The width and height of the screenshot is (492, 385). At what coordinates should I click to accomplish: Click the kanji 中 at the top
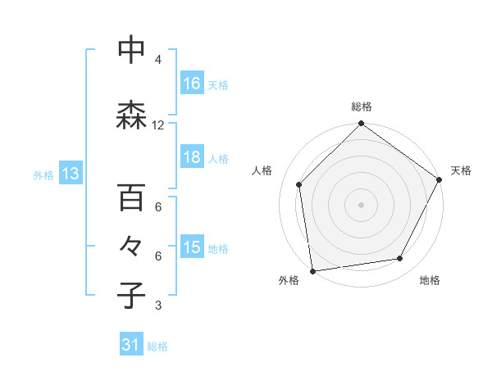[x=132, y=52]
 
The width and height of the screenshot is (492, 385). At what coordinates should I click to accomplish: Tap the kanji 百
[x=132, y=197]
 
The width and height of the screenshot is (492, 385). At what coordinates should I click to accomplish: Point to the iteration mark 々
[x=132, y=247]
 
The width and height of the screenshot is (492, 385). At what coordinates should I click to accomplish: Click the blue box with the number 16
[x=192, y=84]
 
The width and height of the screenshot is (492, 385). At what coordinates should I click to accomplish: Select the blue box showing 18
[x=192, y=158]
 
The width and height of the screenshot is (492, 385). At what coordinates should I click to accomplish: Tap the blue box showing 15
[x=192, y=248]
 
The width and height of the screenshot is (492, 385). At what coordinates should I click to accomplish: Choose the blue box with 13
[x=70, y=174]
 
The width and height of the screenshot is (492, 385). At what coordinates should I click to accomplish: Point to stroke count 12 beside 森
[x=158, y=125]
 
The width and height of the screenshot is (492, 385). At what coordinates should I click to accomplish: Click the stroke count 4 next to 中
[x=157, y=60]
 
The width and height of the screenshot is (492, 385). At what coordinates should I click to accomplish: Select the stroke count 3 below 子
[x=157, y=306]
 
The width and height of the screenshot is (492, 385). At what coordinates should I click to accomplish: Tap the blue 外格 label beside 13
[x=43, y=174]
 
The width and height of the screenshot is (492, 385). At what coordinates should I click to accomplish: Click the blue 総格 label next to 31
[x=158, y=346]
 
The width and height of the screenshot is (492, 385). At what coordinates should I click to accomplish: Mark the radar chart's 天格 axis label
[x=461, y=170]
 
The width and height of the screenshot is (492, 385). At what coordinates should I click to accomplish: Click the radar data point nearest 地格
[x=400, y=259]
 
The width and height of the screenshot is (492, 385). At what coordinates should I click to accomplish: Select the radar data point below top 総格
[x=361, y=125]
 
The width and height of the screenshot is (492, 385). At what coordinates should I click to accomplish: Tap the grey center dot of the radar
[x=361, y=204]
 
